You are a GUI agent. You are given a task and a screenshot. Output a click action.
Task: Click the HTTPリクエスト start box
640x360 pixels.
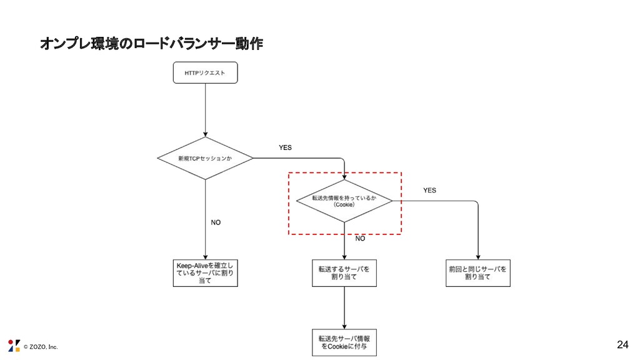[x=205, y=73]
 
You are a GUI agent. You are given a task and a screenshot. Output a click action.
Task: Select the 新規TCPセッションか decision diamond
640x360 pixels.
[x=205, y=158]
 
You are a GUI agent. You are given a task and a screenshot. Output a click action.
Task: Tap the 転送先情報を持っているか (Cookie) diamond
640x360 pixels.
[x=344, y=201]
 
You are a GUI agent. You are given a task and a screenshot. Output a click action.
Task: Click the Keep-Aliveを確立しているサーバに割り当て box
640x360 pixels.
[x=205, y=273]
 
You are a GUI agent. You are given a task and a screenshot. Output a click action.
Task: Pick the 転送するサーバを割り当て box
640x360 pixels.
[x=344, y=273]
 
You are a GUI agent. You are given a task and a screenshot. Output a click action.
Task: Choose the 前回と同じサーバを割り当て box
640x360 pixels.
[x=478, y=273]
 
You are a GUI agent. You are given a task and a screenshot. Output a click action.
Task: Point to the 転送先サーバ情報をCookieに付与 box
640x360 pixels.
[x=344, y=342]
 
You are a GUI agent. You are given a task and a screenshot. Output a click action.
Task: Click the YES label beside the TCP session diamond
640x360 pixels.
[x=284, y=147]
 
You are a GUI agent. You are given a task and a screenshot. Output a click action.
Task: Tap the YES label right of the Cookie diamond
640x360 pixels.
[x=429, y=190]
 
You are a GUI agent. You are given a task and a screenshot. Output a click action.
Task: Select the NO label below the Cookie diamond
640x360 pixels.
[x=360, y=239]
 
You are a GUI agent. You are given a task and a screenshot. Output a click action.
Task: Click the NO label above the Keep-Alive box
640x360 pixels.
[x=215, y=222]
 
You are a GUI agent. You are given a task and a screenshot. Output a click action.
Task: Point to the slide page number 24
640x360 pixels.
[x=622, y=344]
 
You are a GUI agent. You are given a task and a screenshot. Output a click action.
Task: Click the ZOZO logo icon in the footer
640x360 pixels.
[x=14, y=346]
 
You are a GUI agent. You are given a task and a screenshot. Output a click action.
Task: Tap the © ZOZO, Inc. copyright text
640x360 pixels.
[x=40, y=347]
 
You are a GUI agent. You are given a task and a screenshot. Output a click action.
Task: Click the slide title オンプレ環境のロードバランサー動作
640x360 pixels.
[x=151, y=44]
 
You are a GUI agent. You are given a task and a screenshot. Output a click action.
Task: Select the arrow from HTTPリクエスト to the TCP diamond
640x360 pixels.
[x=205, y=109]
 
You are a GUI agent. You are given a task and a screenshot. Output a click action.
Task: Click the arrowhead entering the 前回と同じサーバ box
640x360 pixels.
[x=478, y=257]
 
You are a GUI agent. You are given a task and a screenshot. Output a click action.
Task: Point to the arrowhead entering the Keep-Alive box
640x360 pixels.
[x=205, y=257]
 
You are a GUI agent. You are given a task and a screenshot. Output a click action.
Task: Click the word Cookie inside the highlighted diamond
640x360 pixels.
[x=344, y=204]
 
